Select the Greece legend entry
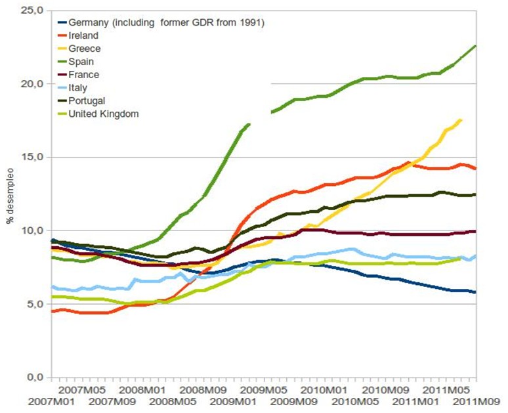pyautogui.click(x=84, y=49)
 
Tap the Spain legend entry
pyautogui.click(x=82, y=62)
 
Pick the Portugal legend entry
pyautogui.click(x=86, y=100)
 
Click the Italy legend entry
pyautogui.click(x=77, y=87)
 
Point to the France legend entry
pyautogui.click(x=83, y=75)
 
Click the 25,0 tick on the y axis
pyautogui.click(x=32, y=11)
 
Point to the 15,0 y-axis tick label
pyautogui.click(x=32, y=158)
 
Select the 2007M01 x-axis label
pyautogui.click(x=25, y=401)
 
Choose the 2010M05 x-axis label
pyautogui.click(x=358, y=401)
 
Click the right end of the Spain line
pyautogui.click(x=476, y=45)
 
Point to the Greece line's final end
pyautogui.click(x=461, y=120)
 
